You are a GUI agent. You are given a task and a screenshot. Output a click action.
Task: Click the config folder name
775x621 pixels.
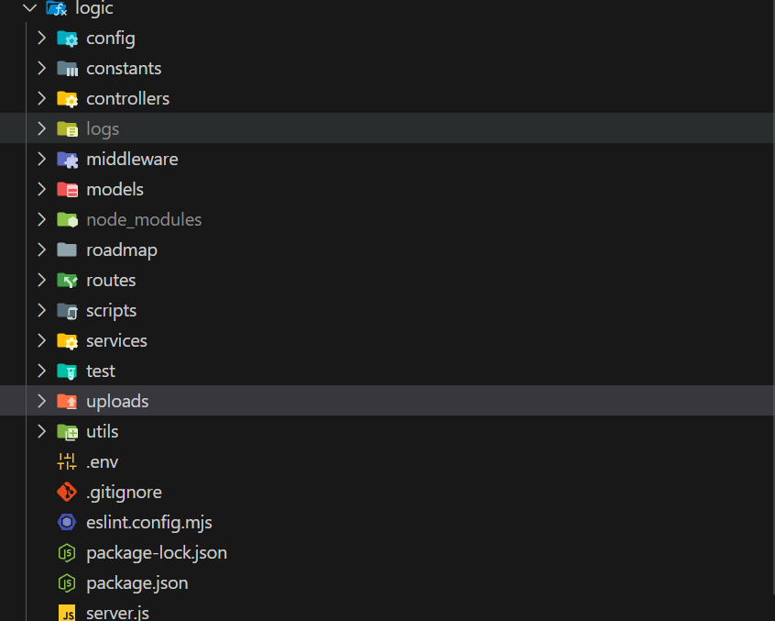[x=110, y=39]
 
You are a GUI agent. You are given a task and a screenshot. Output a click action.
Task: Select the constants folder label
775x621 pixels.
[x=123, y=69]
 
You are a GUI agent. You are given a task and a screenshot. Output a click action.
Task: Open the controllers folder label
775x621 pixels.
[x=127, y=99]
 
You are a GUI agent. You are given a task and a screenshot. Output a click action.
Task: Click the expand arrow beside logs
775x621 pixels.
[x=41, y=128]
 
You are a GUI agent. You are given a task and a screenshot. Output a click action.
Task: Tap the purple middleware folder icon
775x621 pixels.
[x=67, y=160]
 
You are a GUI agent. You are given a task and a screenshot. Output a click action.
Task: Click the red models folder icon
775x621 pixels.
[x=67, y=190]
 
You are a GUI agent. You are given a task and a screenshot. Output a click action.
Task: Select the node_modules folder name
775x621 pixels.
[x=144, y=220]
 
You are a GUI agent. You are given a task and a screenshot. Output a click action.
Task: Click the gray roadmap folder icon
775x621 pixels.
[x=67, y=250]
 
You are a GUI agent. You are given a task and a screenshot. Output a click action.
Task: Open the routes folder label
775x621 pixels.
[x=111, y=281]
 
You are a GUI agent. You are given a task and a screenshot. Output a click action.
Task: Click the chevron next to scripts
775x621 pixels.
[x=41, y=310]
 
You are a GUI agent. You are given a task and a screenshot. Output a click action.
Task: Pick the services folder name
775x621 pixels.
[x=116, y=341]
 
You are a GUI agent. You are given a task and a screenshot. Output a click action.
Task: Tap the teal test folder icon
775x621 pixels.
[x=67, y=371]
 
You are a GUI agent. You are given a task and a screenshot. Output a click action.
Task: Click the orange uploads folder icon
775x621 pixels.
[x=67, y=402]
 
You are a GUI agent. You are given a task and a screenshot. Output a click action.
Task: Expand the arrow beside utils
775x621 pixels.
[x=41, y=431]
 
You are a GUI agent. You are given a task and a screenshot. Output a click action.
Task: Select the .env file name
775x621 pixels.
[x=102, y=462]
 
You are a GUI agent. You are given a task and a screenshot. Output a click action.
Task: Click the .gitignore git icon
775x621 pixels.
[x=67, y=493]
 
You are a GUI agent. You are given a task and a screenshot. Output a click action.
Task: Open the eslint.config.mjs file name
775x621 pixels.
[x=148, y=523]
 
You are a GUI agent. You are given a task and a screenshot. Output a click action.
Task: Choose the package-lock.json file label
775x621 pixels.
[x=156, y=553]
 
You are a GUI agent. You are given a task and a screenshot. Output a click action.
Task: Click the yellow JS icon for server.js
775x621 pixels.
[x=67, y=613]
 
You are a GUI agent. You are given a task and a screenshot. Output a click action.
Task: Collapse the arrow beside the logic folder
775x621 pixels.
[x=29, y=8]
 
